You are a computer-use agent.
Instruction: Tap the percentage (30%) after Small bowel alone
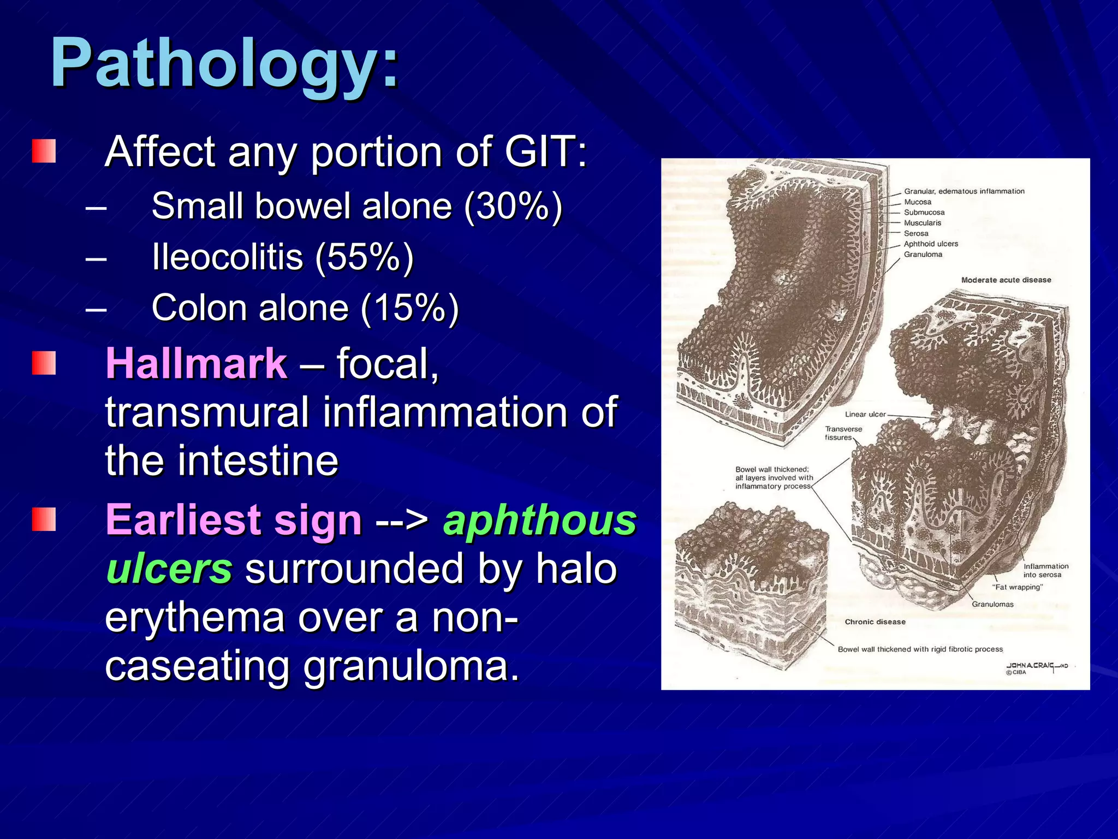click(513, 206)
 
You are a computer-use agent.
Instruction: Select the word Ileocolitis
click(227, 257)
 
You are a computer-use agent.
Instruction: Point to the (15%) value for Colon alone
click(409, 308)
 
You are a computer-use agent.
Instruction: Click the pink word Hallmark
click(196, 363)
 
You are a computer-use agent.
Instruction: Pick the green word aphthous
click(539, 520)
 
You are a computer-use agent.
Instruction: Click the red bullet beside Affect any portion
click(44, 151)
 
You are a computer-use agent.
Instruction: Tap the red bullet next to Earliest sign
click(44, 519)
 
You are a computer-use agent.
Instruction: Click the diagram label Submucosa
click(924, 212)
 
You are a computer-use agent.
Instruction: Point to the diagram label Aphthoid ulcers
click(931, 244)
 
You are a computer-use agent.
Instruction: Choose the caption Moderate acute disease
click(1006, 280)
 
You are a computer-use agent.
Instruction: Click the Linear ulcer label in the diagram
click(865, 415)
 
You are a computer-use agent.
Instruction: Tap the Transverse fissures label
click(842, 433)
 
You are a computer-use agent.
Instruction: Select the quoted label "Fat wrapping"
click(1017, 587)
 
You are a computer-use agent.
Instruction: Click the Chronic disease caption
click(875, 622)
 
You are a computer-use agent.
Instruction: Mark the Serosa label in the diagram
click(915, 234)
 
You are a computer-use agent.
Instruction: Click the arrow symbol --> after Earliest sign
click(402, 520)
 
